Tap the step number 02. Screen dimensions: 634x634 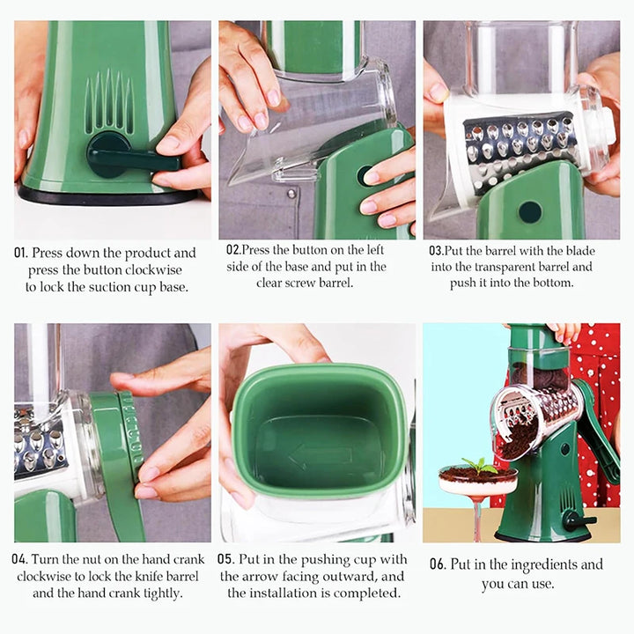[x=233, y=249]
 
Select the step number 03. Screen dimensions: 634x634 [x=435, y=250]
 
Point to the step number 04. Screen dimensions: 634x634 [x=19, y=559]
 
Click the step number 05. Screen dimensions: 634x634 [x=225, y=559]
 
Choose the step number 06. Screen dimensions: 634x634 [x=438, y=564]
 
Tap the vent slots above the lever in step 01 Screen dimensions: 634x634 [x=109, y=104]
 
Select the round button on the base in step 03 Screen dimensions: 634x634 [x=530, y=211]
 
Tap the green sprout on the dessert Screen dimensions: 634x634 [x=479, y=465]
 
